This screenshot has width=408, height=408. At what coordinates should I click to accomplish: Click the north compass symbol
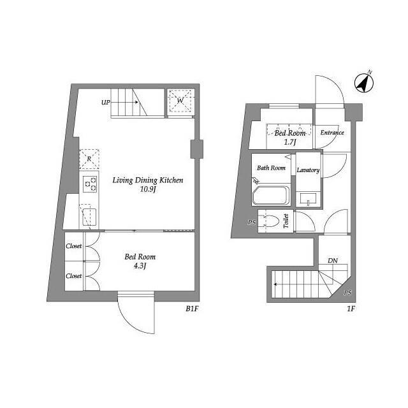pyautogui.click(x=364, y=83)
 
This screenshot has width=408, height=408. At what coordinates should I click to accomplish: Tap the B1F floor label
pyautogui.click(x=192, y=309)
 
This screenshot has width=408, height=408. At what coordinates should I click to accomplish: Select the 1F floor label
pyautogui.click(x=351, y=309)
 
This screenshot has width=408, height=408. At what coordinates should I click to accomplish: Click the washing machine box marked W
pyautogui.click(x=180, y=101)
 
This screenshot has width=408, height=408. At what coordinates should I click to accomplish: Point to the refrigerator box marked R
pyautogui.click(x=89, y=159)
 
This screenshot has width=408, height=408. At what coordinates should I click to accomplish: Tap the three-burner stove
pyautogui.click(x=90, y=184)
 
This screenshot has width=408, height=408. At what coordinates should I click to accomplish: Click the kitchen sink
pyautogui.click(x=89, y=217)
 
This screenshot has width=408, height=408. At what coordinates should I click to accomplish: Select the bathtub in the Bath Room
pyautogui.click(x=271, y=195)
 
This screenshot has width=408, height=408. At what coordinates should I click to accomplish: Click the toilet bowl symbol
pyautogui.click(x=272, y=221)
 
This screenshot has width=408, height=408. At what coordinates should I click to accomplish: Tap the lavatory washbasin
pyautogui.click(x=308, y=199)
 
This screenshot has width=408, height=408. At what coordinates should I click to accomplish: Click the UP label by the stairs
pyautogui.click(x=106, y=103)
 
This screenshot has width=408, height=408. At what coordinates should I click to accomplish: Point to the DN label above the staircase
pyautogui.click(x=333, y=261)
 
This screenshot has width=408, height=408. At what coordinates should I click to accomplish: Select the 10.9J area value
pyautogui.click(x=148, y=189)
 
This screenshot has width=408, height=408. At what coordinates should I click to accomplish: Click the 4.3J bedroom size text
pyautogui.click(x=140, y=266)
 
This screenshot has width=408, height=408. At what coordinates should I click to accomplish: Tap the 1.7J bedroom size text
pyautogui.click(x=290, y=142)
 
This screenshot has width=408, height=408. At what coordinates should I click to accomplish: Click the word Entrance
pyautogui.click(x=332, y=133)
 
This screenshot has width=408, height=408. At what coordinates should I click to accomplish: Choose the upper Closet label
pyautogui.click(x=74, y=246)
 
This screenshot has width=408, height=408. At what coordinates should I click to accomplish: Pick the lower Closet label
pyautogui.click(x=74, y=276)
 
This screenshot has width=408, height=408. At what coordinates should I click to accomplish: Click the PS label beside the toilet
pyautogui.click(x=252, y=222)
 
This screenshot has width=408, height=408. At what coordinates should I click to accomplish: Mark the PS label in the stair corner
pyautogui.click(x=347, y=293)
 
